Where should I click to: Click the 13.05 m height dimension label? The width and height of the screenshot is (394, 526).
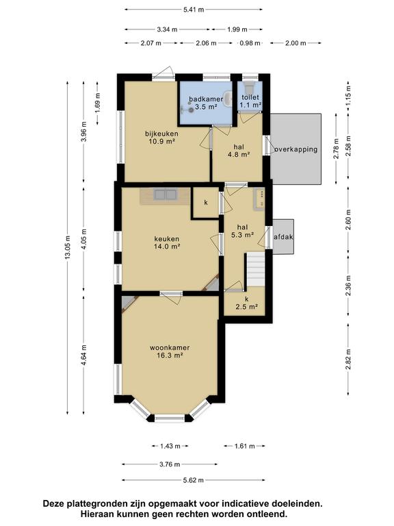tap(68, 247)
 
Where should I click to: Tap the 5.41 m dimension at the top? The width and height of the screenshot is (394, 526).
tap(194, 10)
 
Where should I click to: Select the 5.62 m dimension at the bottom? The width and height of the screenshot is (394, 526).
tap(194, 480)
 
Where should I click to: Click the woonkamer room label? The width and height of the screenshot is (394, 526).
tap(170, 347)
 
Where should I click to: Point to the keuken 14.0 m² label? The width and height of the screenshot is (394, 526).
tap(167, 242)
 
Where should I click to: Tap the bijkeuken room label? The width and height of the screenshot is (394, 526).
tap(161, 134)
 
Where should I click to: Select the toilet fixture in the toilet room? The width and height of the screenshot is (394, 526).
tap(249, 88)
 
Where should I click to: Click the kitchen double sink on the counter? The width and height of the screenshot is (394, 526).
tap(165, 195)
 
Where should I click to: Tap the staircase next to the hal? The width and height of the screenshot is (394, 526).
tap(257, 270)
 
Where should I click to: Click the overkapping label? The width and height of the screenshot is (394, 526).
tap(295, 149)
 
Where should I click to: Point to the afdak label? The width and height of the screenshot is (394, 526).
tap(283, 237)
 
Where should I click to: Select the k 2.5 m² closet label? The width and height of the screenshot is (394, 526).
tap(246, 303)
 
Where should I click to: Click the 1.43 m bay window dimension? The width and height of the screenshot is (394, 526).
tap(170, 446)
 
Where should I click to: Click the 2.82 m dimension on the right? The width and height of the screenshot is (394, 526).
tap(348, 360)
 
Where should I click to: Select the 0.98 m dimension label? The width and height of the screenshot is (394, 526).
tap(250, 43)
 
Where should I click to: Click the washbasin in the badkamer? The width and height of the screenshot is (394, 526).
tap(228, 98)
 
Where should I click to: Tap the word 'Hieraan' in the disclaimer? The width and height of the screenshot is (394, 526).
tap(95, 514)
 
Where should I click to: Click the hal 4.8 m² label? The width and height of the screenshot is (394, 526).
tap(239, 151)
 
